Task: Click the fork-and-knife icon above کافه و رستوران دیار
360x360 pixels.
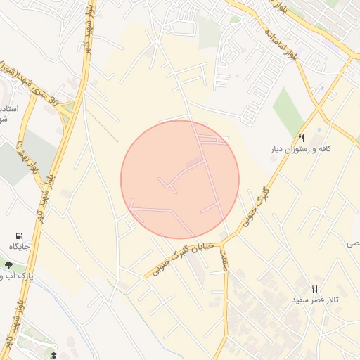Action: click(x=302, y=138)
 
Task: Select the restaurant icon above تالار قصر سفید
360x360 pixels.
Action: click(x=314, y=289)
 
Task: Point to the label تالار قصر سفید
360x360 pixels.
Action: click(x=316, y=300)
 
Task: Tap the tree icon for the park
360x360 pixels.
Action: click(x=8, y=266)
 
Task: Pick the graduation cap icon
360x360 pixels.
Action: click(x=53, y=355)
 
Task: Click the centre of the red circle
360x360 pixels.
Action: click(x=180, y=179)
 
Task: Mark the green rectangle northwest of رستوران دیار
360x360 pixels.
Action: click(x=288, y=109)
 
